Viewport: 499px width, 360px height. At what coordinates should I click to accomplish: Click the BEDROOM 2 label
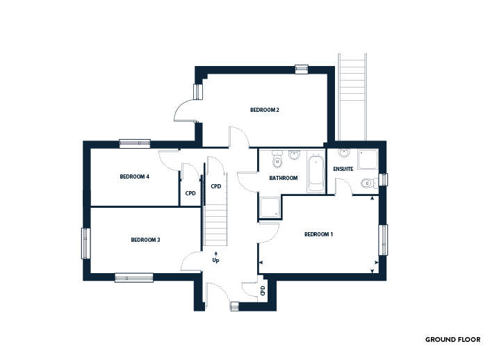click(265, 110)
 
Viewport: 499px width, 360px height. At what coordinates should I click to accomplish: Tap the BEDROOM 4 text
click(134, 177)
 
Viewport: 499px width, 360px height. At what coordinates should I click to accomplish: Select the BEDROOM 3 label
click(145, 240)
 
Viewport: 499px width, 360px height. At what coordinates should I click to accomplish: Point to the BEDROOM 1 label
click(318, 235)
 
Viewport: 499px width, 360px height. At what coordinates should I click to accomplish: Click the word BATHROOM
click(284, 178)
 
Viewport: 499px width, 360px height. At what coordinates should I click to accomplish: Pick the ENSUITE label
click(343, 169)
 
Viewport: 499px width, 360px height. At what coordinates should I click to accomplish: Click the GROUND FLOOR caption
click(453, 340)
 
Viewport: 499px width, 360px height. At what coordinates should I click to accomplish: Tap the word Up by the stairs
click(215, 261)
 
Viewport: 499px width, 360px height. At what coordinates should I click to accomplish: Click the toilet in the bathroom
click(277, 159)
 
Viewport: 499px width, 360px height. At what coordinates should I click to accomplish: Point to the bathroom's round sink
click(295, 155)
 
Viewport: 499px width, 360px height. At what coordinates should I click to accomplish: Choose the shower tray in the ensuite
click(368, 159)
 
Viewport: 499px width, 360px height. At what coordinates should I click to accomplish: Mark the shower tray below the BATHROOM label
click(270, 207)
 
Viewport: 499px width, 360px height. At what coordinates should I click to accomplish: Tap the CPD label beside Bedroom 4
click(190, 193)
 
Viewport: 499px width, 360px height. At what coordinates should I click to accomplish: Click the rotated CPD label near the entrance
click(263, 291)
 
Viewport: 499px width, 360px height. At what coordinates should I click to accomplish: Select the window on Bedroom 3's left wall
click(85, 243)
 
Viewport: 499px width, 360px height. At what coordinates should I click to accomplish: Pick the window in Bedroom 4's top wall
click(135, 144)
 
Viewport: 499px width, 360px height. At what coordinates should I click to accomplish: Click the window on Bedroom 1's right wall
click(384, 240)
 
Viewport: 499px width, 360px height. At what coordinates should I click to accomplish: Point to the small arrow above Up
click(215, 254)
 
